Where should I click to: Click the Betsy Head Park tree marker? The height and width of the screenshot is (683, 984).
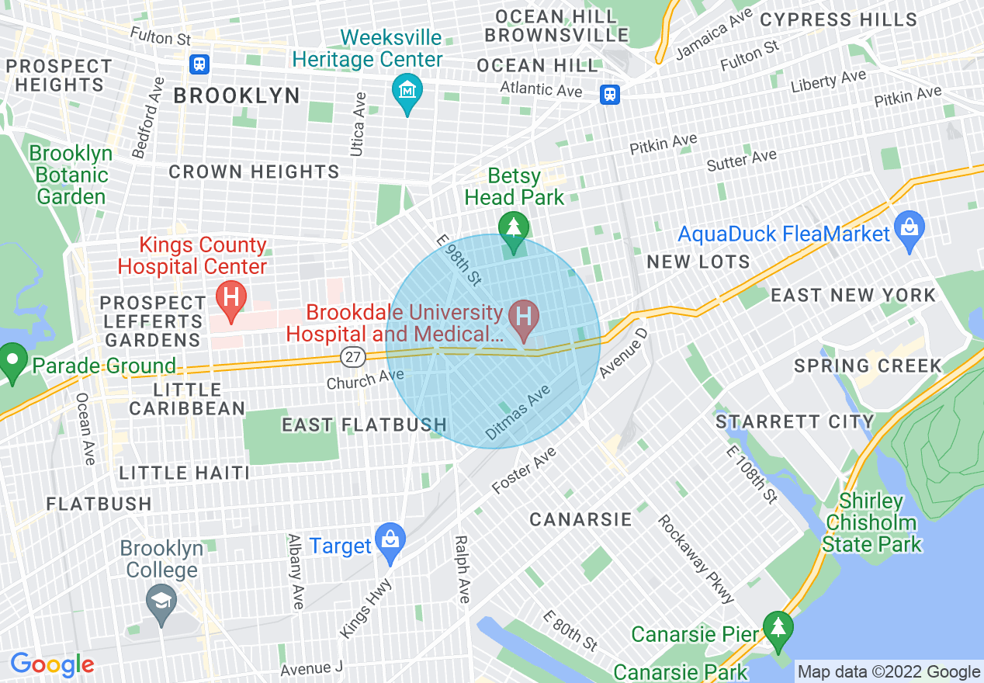coord(513,227)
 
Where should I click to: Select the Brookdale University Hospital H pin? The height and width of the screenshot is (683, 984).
coord(524,317)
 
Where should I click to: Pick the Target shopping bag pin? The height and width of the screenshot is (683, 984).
coord(390,540)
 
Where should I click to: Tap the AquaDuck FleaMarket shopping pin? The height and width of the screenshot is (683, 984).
coord(909,228)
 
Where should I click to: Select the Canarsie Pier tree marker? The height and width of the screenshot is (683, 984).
coord(777,626)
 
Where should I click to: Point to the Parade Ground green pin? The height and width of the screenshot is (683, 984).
coord(12,361)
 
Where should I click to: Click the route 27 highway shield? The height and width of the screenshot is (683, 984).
coord(352,357)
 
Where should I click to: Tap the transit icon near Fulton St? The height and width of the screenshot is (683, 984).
coord(199,64)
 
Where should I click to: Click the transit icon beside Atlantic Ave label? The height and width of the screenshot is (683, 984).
coord(610,95)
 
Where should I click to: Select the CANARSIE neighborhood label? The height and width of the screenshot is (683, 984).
coord(580,519)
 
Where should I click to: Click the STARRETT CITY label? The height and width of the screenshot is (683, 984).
coord(795,422)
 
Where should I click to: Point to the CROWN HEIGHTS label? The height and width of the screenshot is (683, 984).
coord(254,172)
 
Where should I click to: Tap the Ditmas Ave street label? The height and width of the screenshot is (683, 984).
coord(518,414)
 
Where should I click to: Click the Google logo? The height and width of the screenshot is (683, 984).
coord(52,664)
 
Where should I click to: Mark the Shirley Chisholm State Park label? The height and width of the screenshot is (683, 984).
coord(872,522)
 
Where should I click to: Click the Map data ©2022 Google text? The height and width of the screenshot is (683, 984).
coord(889,672)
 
